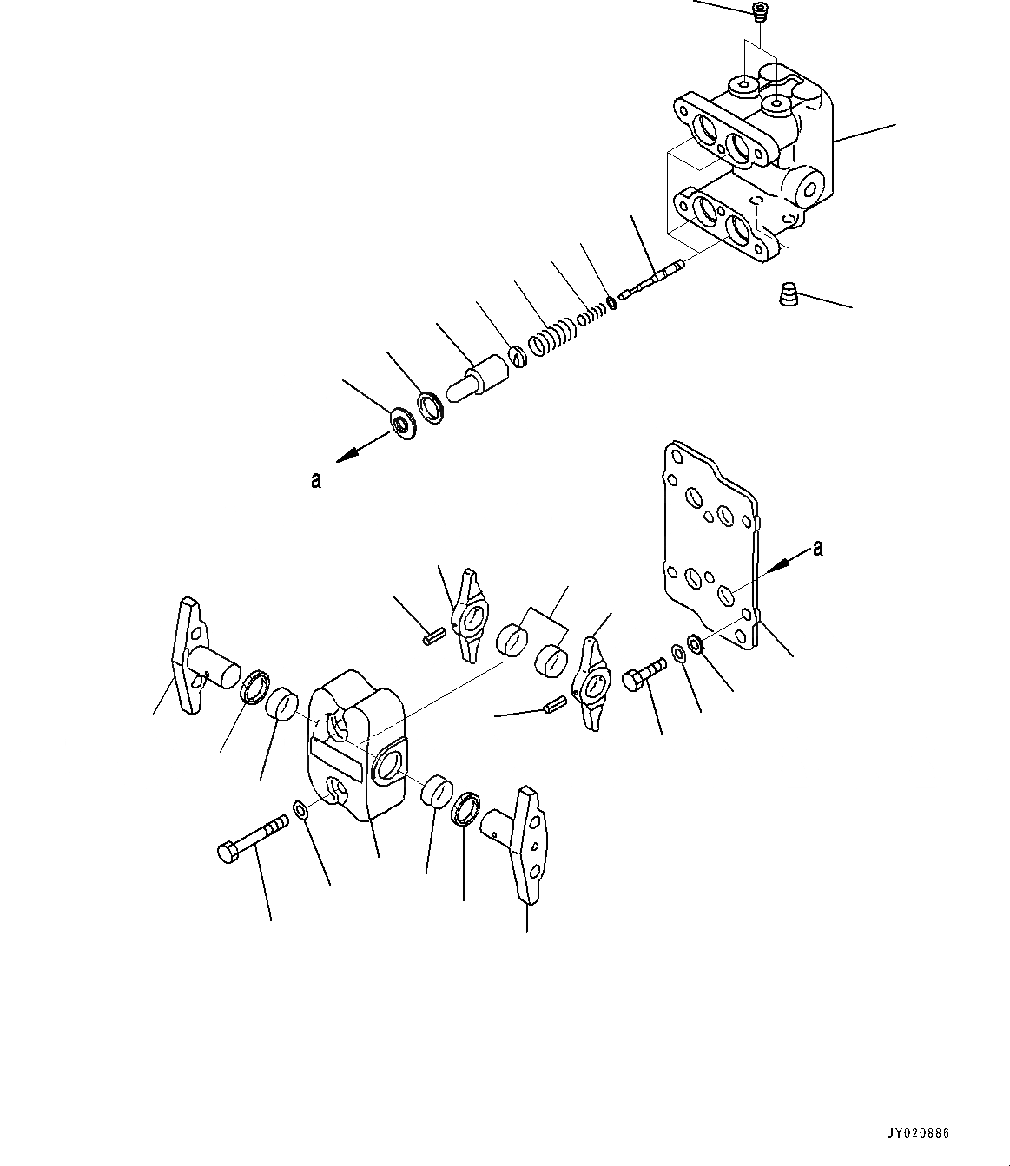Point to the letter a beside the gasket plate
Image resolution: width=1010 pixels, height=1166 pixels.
(816, 547)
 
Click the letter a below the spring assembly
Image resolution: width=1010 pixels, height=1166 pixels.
(316, 478)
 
